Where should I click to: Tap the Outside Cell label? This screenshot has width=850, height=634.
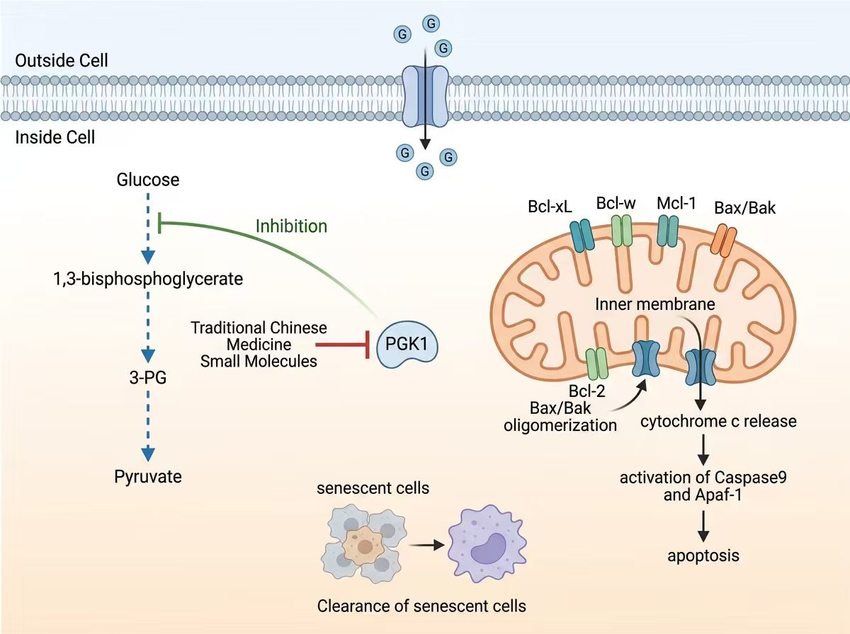pyautogui.click(x=62, y=61)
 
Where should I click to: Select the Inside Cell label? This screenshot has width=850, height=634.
pyautogui.click(x=55, y=137)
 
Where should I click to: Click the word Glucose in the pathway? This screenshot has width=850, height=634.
pyautogui.click(x=148, y=180)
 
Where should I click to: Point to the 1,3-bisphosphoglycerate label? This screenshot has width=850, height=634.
pyautogui.click(x=148, y=279)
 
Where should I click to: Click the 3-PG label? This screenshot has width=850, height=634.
pyautogui.click(x=148, y=378)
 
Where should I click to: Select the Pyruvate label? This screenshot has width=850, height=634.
pyautogui.click(x=148, y=477)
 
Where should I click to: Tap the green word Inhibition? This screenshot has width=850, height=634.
pyautogui.click(x=292, y=226)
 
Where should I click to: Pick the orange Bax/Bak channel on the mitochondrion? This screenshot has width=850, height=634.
pyautogui.click(x=723, y=241)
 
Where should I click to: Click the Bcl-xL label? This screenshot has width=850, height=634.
pyautogui.click(x=550, y=207)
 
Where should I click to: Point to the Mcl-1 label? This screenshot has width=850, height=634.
pyautogui.click(x=676, y=204)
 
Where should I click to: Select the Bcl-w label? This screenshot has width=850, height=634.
pyautogui.click(x=616, y=204)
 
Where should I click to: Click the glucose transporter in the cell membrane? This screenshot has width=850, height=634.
pyautogui.click(x=425, y=97)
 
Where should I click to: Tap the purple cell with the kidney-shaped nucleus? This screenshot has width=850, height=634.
pyautogui.click(x=487, y=544)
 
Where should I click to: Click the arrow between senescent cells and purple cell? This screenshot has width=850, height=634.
pyautogui.click(x=426, y=546)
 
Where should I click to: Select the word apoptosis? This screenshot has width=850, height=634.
pyautogui.click(x=703, y=556)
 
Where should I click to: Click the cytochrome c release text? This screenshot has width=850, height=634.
pyautogui.click(x=718, y=421)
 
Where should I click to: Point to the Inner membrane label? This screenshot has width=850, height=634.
pyautogui.click(x=654, y=304)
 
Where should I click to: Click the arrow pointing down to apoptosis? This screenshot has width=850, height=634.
pyautogui.click(x=703, y=526)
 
